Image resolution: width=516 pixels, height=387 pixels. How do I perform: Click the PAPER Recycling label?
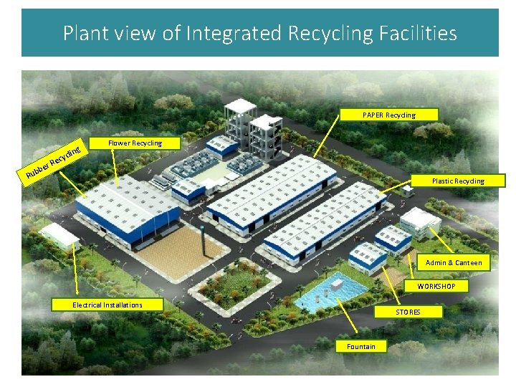389,115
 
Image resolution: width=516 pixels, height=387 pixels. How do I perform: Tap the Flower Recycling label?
135,143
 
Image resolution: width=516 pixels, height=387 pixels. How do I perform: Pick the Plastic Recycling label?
457,181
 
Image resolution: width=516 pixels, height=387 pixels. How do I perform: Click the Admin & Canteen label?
454,263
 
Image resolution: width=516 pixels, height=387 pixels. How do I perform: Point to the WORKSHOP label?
441,286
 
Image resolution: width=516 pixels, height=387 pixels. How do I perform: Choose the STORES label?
408,312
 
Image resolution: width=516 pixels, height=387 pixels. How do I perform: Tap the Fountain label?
360,347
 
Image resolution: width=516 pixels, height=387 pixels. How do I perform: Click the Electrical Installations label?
107,305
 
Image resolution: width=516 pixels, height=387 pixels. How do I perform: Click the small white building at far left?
59,234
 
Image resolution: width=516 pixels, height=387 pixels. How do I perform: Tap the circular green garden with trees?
231,282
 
